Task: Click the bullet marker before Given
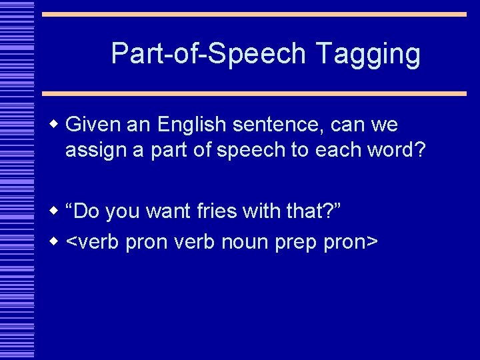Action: [x=55, y=125]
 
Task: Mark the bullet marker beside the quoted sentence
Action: [x=55, y=211]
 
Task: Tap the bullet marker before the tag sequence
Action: [x=55, y=243]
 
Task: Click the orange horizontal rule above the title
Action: [x=254, y=14]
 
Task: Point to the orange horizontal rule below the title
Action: [x=254, y=94]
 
